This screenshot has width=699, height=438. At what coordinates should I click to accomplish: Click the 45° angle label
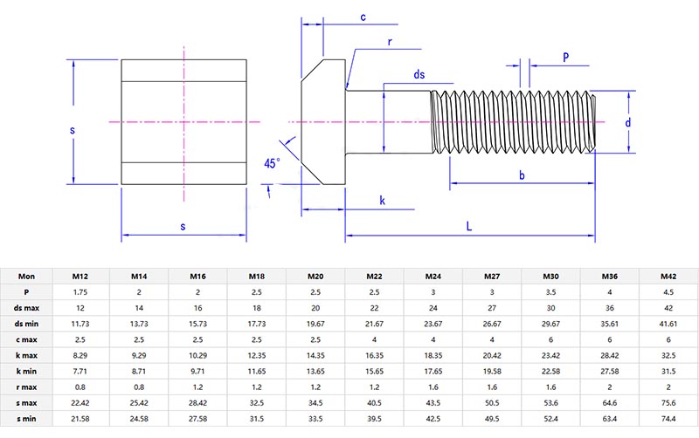[x=273, y=163]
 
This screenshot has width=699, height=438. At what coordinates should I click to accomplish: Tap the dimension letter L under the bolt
[x=469, y=226]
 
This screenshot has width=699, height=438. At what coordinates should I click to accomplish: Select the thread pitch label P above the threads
[x=566, y=57]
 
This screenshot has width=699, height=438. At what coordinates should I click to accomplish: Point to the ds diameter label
[x=419, y=76]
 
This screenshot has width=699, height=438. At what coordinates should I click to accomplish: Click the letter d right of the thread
[x=627, y=123]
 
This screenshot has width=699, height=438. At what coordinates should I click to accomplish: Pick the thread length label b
[x=522, y=175]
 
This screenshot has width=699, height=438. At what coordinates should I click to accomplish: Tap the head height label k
[x=382, y=201]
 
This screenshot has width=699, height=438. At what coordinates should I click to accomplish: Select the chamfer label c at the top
[x=362, y=17]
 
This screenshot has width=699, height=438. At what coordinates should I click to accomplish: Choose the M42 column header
[x=668, y=277]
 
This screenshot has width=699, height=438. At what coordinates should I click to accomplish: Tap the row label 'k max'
[x=27, y=355]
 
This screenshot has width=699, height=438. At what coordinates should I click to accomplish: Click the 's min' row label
[x=27, y=418]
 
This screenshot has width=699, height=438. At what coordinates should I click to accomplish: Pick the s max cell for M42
[x=668, y=402]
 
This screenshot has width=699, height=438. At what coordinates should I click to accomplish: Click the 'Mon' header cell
[x=27, y=277]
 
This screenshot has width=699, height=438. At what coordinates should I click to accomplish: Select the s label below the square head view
[x=183, y=227]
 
